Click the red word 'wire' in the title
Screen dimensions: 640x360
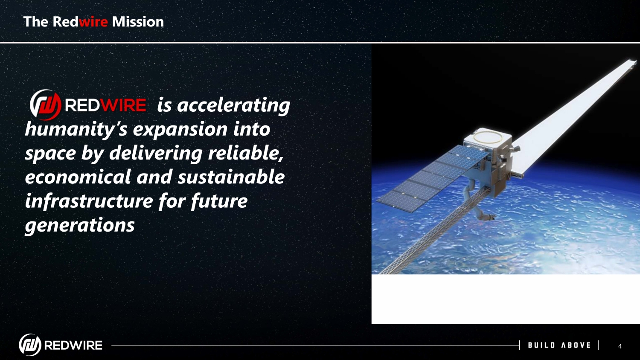pyautogui.click(x=93, y=22)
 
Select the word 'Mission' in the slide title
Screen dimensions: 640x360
pyautogui.click(x=138, y=22)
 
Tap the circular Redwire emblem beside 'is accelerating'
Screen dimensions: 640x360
pyautogui.click(x=45, y=105)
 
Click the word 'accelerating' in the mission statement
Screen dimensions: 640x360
pyautogui.click(x=233, y=105)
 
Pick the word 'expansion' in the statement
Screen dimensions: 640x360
pyautogui.click(x=180, y=130)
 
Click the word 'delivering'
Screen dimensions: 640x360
pyautogui.click(x=156, y=153)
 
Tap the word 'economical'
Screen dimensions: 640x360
pyautogui.click(x=78, y=177)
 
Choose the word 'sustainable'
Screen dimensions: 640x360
pyautogui.click(x=231, y=177)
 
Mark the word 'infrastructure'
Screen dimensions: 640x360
pyautogui.click(x=89, y=201)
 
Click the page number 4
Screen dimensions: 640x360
pyautogui.click(x=620, y=346)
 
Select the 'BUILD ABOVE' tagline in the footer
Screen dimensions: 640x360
pyautogui.click(x=559, y=345)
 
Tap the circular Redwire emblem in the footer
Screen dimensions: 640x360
pyautogui.click(x=30, y=345)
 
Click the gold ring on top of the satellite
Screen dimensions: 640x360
pyautogui.click(x=488, y=137)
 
